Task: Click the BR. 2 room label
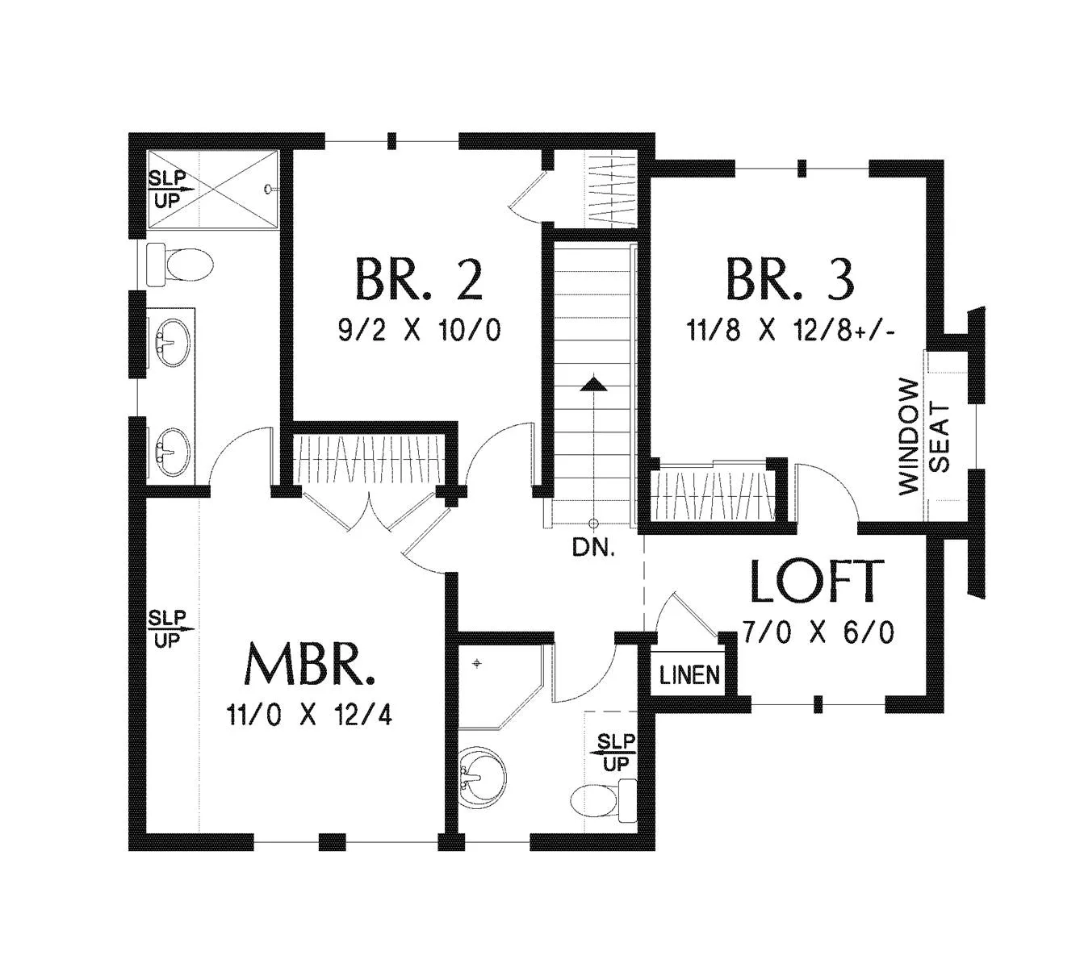pyautogui.click(x=418, y=279)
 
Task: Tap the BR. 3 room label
pyautogui.click(x=789, y=279)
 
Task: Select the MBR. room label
pyautogui.click(x=311, y=664)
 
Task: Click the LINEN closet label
pyautogui.click(x=689, y=674)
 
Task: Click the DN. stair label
pyautogui.click(x=593, y=549)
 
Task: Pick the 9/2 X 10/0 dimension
pyautogui.click(x=419, y=330)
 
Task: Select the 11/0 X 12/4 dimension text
pyautogui.click(x=310, y=715)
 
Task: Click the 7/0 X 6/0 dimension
pyautogui.click(x=818, y=632)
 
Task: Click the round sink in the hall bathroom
pyautogui.click(x=482, y=778)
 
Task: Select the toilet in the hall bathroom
pyautogui.click(x=602, y=803)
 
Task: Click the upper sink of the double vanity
pyautogui.click(x=172, y=343)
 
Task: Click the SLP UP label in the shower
pyautogui.click(x=168, y=189)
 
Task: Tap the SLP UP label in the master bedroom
pyautogui.click(x=167, y=628)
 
